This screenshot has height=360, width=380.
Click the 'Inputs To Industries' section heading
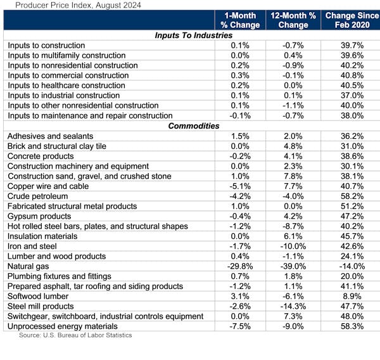[x=193, y=35]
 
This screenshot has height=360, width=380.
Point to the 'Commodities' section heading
[x=193, y=126]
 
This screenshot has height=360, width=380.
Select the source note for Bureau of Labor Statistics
[x=75, y=335]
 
